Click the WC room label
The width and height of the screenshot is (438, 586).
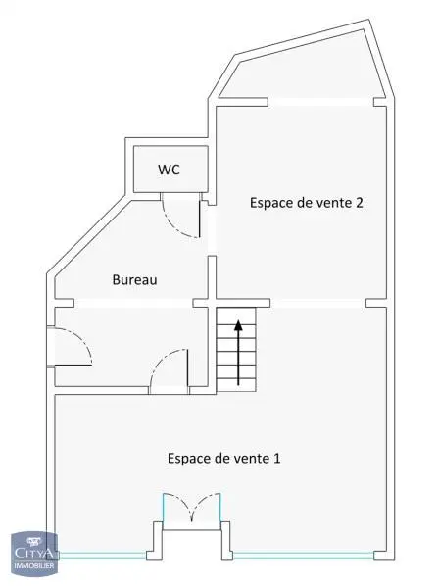coord(169,170)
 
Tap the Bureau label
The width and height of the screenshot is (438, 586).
coord(134,279)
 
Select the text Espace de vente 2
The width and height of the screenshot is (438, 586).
coord(307,203)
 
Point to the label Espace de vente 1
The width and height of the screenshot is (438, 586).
coord(223,458)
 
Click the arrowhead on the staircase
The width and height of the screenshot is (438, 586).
coord(238,325)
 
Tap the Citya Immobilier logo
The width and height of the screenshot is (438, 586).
coord(34,554)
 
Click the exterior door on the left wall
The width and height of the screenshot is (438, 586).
coord(70,346)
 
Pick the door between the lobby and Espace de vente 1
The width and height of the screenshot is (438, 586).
coord(169,371)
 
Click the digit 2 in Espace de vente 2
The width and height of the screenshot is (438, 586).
coord(360,203)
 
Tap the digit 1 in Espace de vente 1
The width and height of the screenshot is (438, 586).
coord(277,458)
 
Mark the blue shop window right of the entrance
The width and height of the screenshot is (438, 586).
coord(303,555)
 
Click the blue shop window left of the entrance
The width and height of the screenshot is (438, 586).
coord(103,555)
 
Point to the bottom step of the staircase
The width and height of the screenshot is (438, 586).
coord(236,385)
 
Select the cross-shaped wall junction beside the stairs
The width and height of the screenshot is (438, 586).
coord(212,303)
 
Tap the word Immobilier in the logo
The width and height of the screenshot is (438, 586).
coord(34,565)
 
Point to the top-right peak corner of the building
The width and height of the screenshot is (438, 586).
coord(369,20)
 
